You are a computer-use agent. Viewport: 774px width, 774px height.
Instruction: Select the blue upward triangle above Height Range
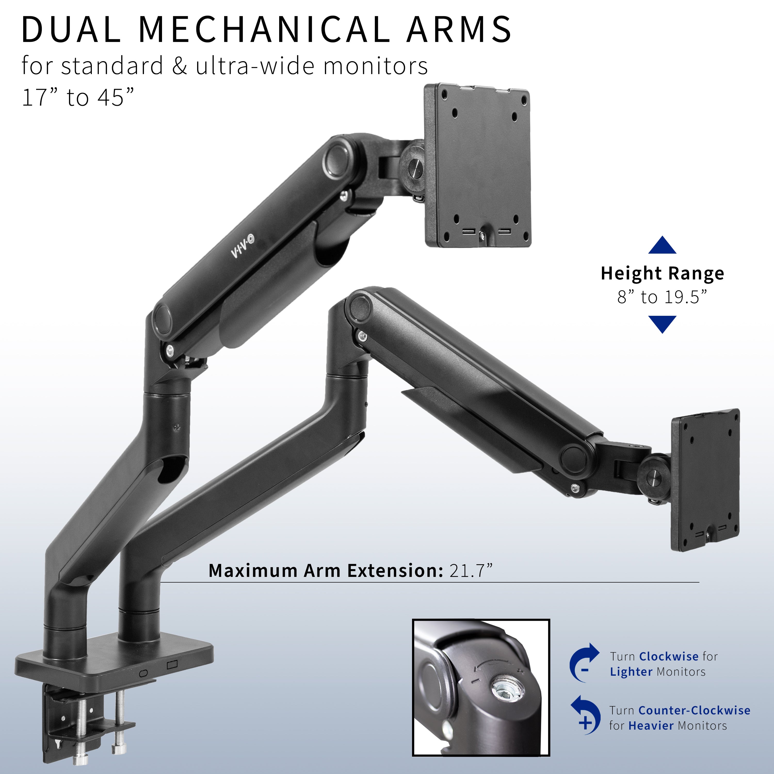(x=662, y=245)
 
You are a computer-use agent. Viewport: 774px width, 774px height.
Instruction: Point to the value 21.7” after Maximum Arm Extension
(x=471, y=570)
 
